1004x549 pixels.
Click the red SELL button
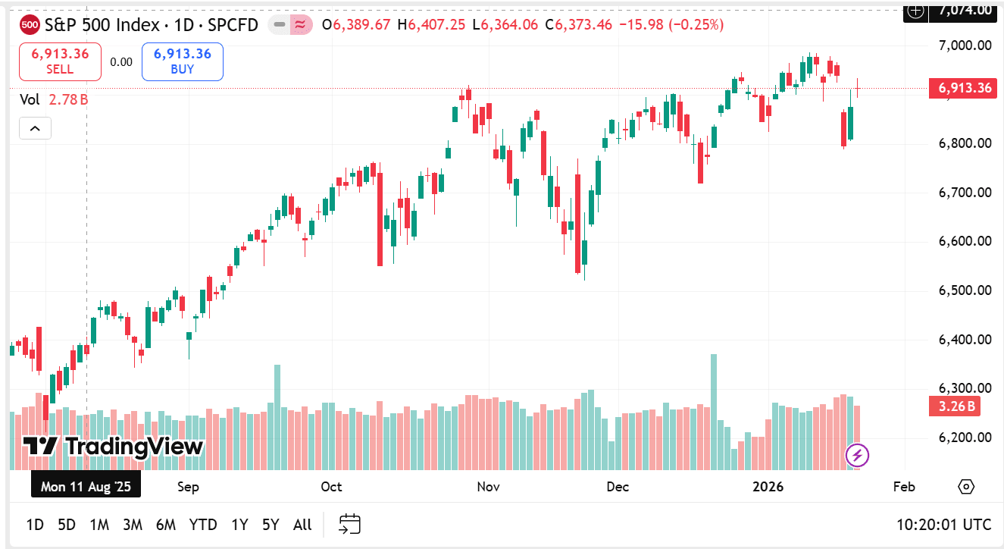pos(60,61)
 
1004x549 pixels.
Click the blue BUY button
pos(182,61)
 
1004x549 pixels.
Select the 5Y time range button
pos(271,525)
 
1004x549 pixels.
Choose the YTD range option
pos(203,525)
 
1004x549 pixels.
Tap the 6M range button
pos(166,525)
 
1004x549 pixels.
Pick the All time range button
pos(302,525)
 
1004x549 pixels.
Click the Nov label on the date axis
pos(489,487)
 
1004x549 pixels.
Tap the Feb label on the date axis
pos(904,487)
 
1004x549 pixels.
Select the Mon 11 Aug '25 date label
pos(86,487)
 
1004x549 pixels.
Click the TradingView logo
pos(114,447)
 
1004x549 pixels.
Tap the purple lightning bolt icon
pos(857,456)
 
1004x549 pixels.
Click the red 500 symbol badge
pos(30,25)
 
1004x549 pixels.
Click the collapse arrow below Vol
pos(35,129)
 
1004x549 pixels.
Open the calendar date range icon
pos(349,524)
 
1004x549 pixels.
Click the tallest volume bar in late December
pos(713,409)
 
